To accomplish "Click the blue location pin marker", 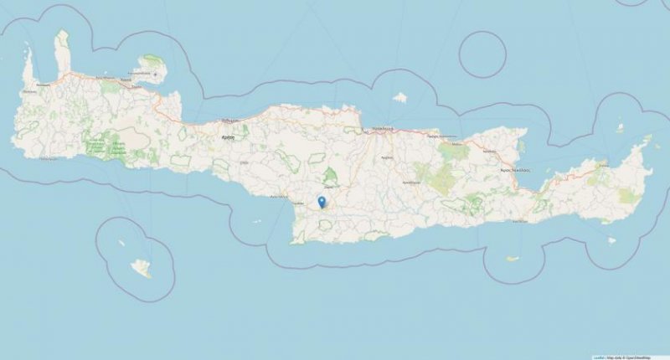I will click(x=322, y=202).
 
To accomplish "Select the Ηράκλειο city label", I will click(x=383, y=129).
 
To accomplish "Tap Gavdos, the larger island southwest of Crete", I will click(x=142, y=268).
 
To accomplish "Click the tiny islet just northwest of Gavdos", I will click(x=121, y=243).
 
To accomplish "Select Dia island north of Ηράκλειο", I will click(x=399, y=98).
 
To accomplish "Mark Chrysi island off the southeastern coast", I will click(x=513, y=259).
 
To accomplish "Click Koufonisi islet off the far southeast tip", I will click(x=611, y=241).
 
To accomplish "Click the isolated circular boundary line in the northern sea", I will click(x=483, y=56).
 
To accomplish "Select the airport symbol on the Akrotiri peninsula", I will click(x=155, y=74).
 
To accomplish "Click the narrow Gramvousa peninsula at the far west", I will click(x=28, y=67).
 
